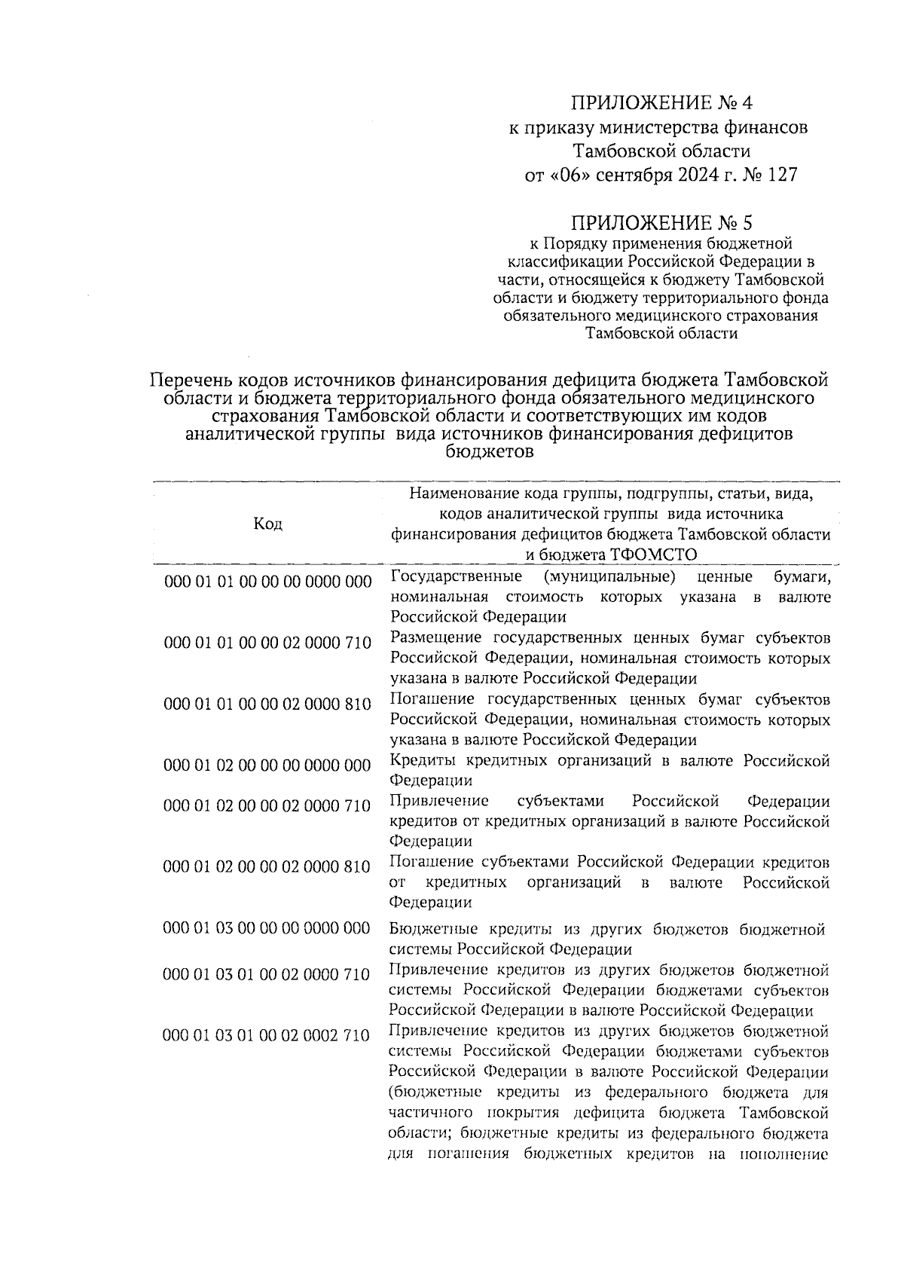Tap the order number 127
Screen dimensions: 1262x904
coord(780,175)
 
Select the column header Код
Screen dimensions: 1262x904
coord(267,524)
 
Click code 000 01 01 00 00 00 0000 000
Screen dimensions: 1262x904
coord(267,581)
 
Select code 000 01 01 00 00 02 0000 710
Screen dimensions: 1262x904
coord(267,643)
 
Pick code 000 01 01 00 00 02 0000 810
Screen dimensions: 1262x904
coord(267,704)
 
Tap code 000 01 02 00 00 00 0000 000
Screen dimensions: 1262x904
coord(267,765)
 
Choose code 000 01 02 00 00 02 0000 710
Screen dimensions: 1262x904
coord(267,805)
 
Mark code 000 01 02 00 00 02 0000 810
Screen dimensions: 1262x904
coord(267,866)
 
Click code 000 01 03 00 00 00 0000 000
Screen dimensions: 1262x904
coord(267,927)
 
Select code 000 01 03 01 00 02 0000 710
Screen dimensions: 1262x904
coord(267,974)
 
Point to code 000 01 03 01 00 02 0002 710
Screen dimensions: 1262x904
coord(267,1035)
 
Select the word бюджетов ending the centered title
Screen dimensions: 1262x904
coord(490,452)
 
